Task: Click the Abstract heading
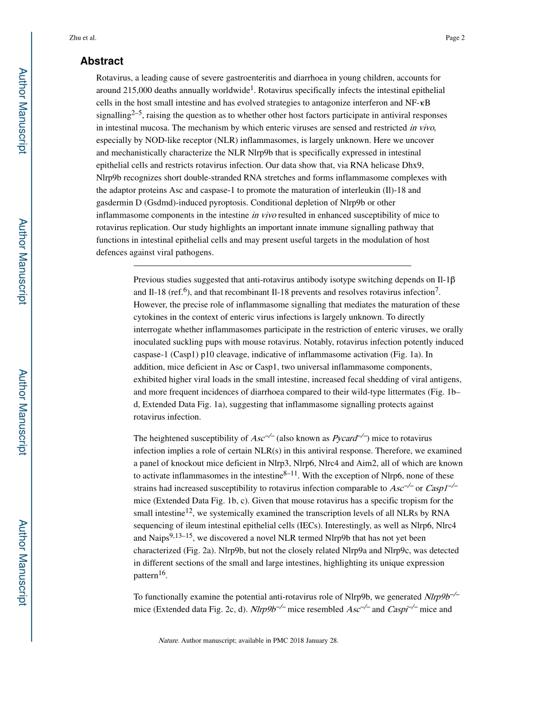(102, 61)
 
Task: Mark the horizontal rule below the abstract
(272, 266)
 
